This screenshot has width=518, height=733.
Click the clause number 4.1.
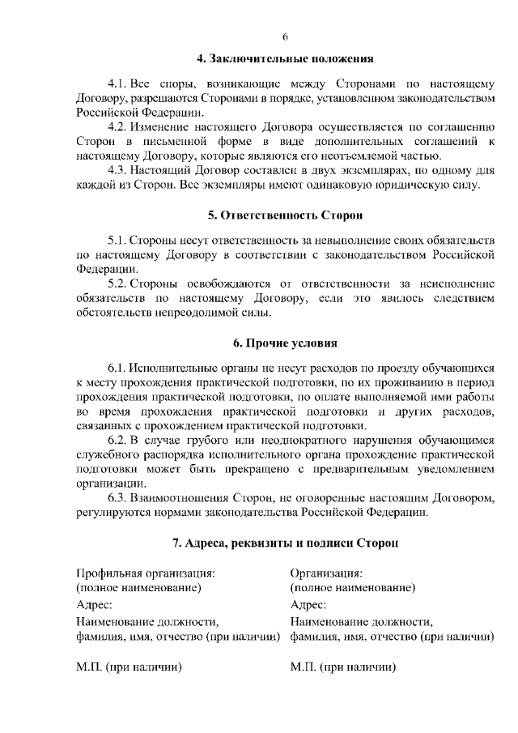[x=117, y=83]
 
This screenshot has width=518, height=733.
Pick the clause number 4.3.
[x=117, y=170]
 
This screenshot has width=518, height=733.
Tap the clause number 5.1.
[x=117, y=241]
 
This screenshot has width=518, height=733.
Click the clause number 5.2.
[x=117, y=284]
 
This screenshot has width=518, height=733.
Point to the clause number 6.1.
[x=117, y=368]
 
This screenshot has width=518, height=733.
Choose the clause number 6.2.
[x=117, y=440]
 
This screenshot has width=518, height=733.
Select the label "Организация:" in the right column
[x=326, y=573]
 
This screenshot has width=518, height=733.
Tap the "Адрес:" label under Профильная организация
[x=95, y=605]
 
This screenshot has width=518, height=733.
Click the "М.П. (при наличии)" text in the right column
[x=342, y=668]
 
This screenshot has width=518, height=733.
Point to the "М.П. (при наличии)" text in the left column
[x=128, y=668]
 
